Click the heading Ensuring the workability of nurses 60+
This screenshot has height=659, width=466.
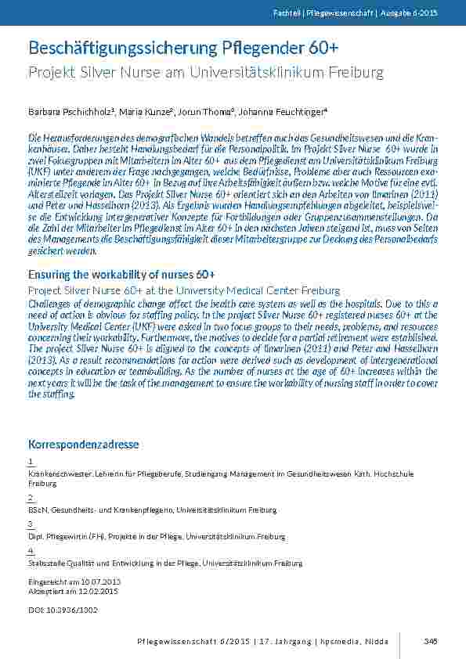point(121,274)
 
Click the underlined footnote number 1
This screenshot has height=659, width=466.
point(31,462)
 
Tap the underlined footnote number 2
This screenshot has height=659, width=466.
point(31,498)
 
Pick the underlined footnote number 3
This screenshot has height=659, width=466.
point(31,524)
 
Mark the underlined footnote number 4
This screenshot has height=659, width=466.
point(31,551)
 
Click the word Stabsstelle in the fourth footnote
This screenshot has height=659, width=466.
point(45,564)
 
